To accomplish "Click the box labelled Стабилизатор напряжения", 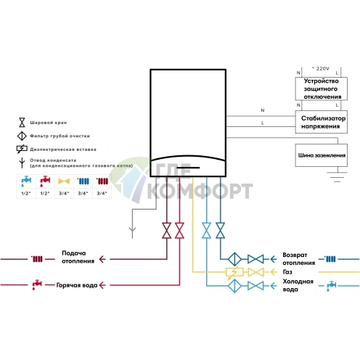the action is [321, 122].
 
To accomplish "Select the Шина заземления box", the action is [322, 155].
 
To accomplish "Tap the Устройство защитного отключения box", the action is [321, 89].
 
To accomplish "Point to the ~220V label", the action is [321, 69].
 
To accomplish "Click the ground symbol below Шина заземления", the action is [337, 177].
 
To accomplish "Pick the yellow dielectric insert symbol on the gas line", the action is [234, 272].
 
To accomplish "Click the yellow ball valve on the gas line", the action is [255, 272].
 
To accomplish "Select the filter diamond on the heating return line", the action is [234, 259].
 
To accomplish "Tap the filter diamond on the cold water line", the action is [234, 286].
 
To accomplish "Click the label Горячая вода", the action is [77, 285].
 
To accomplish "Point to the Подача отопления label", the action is [78, 257].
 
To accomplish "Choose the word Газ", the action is [287, 272].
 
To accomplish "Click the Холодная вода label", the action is [298, 285].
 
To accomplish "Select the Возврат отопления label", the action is [298, 258].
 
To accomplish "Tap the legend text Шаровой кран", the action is [48, 123].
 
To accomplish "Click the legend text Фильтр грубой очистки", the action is [60, 136].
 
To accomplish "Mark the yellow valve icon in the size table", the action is [64, 181].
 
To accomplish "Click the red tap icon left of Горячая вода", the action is [37, 285].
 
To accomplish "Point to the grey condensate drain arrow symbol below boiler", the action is [132, 230].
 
